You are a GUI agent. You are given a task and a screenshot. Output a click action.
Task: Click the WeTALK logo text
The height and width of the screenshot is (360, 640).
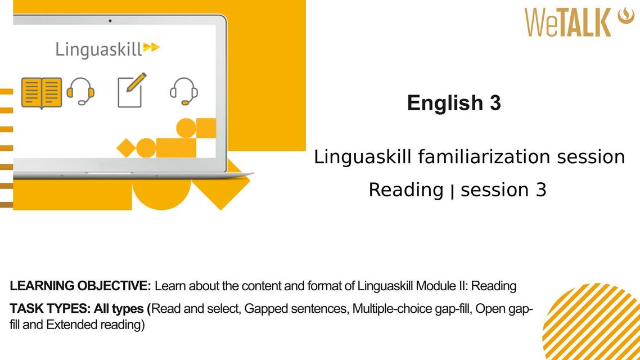pyautogui.click(x=568, y=22)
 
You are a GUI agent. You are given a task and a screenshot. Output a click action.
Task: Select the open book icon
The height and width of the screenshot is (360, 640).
pyautogui.click(x=42, y=92)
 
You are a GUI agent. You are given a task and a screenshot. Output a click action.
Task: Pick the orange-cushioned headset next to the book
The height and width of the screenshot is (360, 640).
pyautogui.click(x=80, y=91)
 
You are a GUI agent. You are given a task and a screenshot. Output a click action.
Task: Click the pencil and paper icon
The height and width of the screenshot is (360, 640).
pyautogui.click(x=131, y=90)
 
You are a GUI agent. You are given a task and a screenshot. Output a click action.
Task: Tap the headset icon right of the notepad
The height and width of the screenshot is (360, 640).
pyautogui.click(x=183, y=91)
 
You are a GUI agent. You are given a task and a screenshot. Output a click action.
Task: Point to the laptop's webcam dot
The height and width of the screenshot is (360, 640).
pyautogui.click(x=110, y=21)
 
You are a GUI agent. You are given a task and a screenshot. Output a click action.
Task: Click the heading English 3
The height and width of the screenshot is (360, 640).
pyautogui.click(x=454, y=103)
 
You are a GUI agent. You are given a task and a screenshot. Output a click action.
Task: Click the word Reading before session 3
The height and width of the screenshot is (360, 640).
pyautogui.click(x=405, y=190)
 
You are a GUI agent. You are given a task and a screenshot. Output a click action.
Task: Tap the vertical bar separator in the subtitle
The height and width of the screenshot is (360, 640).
pyautogui.click(x=452, y=191)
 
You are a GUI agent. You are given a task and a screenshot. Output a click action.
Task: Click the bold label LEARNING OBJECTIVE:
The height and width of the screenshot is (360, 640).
pyautogui.click(x=80, y=286)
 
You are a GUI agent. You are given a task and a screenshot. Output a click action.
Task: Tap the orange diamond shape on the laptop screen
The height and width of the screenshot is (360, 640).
pyautogui.click(x=126, y=148)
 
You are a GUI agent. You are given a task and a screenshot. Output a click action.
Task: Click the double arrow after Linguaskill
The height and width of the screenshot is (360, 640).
pyautogui.click(x=151, y=47)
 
